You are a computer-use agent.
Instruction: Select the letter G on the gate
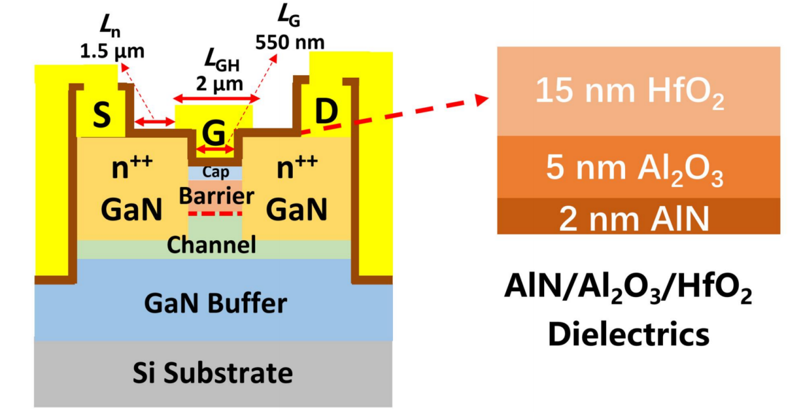(213, 133)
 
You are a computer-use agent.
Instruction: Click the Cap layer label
(214, 171)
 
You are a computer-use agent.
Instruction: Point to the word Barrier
(216, 195)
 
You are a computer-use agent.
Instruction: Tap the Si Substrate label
(213, 373)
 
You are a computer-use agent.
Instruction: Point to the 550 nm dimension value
(290, 42)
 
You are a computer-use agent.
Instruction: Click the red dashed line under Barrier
(215, 214)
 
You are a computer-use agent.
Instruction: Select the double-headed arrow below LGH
(217, 99)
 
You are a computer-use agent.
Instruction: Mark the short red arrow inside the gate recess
(214, 149)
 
